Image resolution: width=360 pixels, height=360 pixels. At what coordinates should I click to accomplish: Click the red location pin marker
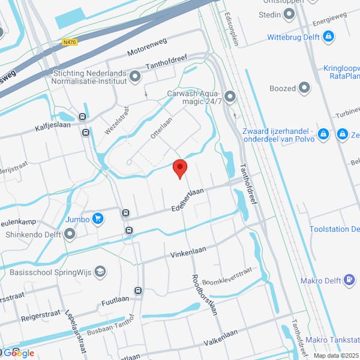180,169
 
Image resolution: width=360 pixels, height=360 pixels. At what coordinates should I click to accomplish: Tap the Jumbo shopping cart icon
97,220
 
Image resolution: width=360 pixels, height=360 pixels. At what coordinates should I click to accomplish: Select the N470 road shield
70,43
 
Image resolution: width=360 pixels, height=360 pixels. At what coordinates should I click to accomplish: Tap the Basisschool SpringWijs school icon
100,272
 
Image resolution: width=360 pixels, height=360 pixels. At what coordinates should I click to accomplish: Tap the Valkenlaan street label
221,337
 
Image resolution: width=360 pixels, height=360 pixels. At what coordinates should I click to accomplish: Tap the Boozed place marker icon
305,88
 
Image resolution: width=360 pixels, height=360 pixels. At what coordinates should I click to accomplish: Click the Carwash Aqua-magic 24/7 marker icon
230,96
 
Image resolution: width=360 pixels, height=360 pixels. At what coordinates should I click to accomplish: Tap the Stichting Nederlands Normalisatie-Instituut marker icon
135,76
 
